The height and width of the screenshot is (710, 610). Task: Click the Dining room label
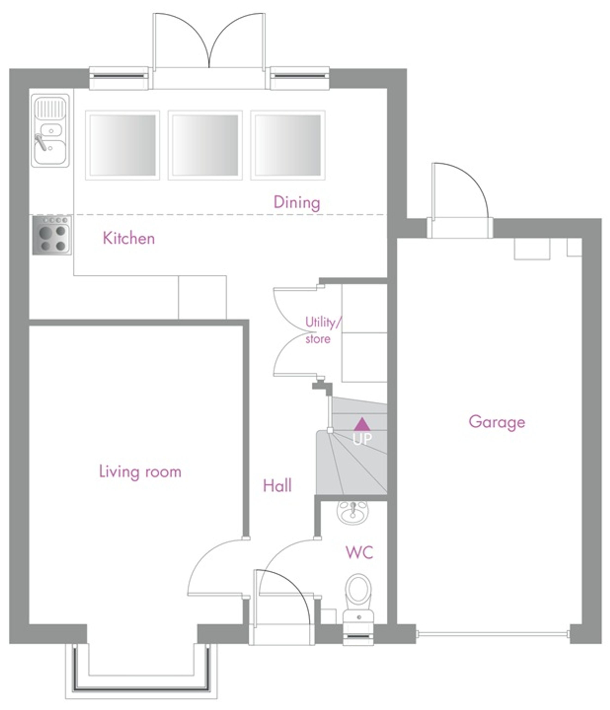coord(297,203)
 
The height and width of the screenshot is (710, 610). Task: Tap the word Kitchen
coord(129,238)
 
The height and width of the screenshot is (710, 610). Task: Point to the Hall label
coord(277,486)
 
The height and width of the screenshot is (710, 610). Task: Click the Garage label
coord(497,422)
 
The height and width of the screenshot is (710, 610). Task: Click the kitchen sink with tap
coord(50,131)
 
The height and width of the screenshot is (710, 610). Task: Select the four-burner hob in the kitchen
coord(52,235)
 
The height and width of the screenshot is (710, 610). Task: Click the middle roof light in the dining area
coord(205,145)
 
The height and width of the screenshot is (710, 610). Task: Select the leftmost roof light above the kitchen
coord(122,145)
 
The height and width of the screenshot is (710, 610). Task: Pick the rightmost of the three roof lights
coord(288,145)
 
